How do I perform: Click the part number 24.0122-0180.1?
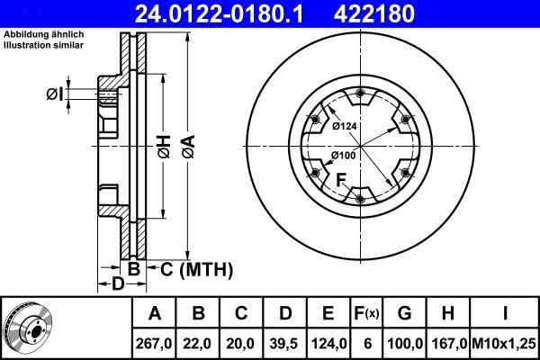click(x=219, y=13)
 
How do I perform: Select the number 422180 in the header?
click(x=374, y=13)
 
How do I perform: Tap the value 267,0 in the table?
click(x=154, y=344)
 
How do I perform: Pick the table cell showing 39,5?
click(x=284, y=344)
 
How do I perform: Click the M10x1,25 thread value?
click(x=504, y=344)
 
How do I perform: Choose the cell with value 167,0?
click(x=447, y=344)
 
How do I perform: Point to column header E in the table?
click(x=328, y=313)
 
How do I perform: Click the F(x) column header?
click(x=366, y=313)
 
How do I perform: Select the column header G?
click(x=404, y=313)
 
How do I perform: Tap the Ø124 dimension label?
click(x=345, y=126)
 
